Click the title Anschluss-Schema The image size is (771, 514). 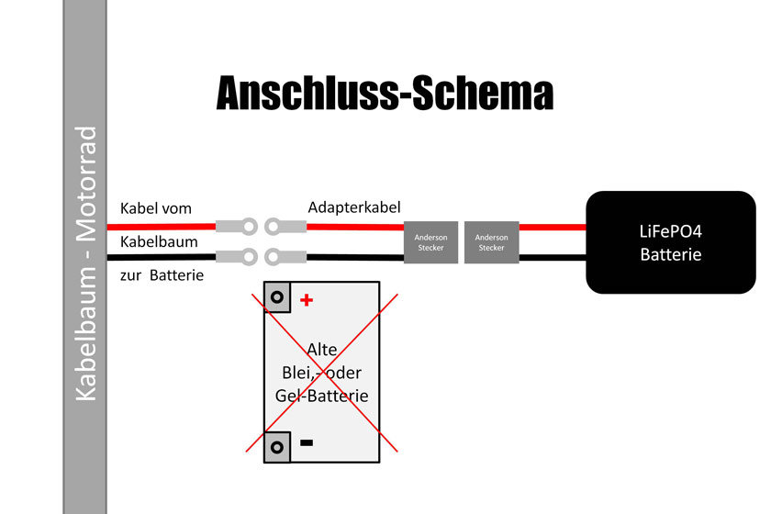coord(385,94)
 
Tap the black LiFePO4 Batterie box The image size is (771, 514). coord(670,242)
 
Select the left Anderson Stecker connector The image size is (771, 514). coord(430,241)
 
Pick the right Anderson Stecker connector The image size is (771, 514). coord(491,241)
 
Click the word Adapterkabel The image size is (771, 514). coord(354,207)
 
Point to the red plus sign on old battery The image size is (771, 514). coord(307,299)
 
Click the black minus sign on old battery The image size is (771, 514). coord(307,442)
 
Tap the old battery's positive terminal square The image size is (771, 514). coord(277,296)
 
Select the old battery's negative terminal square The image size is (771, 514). coord(277,447)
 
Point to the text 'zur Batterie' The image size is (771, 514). coord(162,274)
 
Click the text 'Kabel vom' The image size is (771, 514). coord(156,208)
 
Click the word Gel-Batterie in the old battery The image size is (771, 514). coord(321,396)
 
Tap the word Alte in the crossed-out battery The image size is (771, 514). coord(321,349)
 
